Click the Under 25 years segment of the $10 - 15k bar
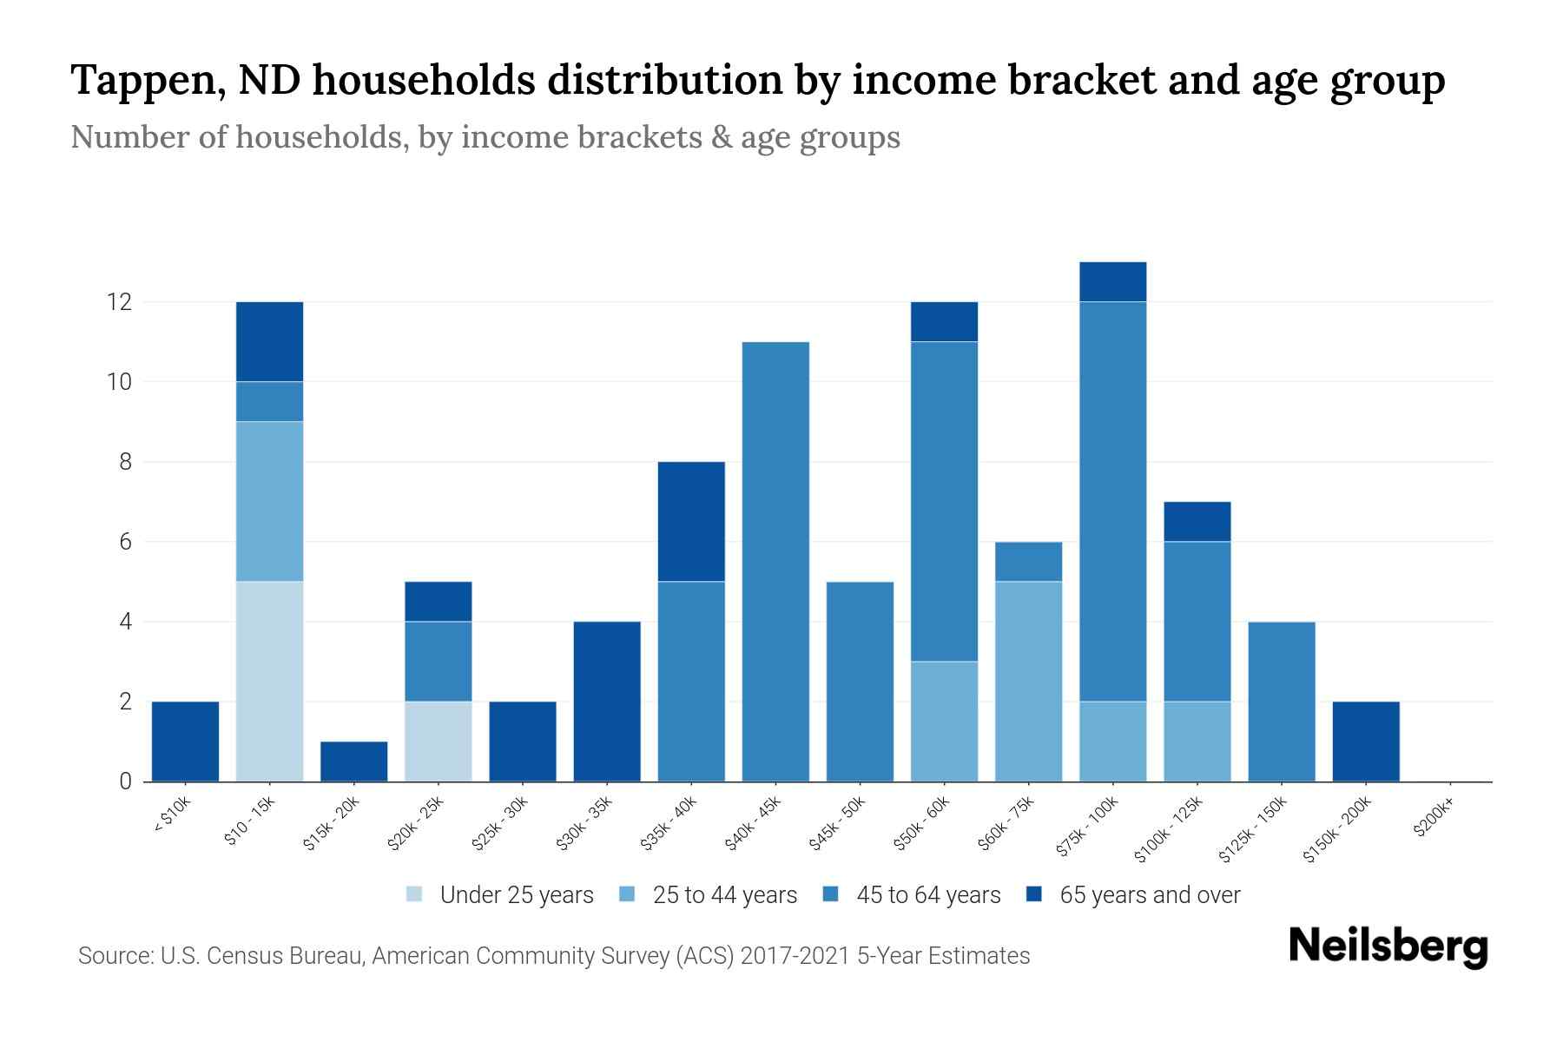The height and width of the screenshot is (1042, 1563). click(269, 682)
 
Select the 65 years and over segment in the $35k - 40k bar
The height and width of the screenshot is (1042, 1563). click(691, 521)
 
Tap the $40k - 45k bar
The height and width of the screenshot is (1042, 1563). click(775, 562)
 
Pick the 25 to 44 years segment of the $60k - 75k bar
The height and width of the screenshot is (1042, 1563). click(1028, 682)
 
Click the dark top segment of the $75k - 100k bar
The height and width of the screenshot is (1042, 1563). click(1112, 281)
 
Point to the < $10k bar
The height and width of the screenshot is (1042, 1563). click(185, 741)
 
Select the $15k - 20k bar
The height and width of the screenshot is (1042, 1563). click(353, 762)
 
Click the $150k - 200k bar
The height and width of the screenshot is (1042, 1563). click(1365, 741)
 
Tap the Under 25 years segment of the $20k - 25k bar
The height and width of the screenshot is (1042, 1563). click(438, 741)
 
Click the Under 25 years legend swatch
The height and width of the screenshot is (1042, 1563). click(415, 894)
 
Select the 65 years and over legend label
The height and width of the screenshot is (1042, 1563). click(1149, 895)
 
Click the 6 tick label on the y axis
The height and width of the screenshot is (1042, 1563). click(126, 542)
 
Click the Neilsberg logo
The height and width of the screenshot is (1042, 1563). click(1388, 946)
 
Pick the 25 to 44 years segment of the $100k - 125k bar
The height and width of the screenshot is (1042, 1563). click(1197, 741)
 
